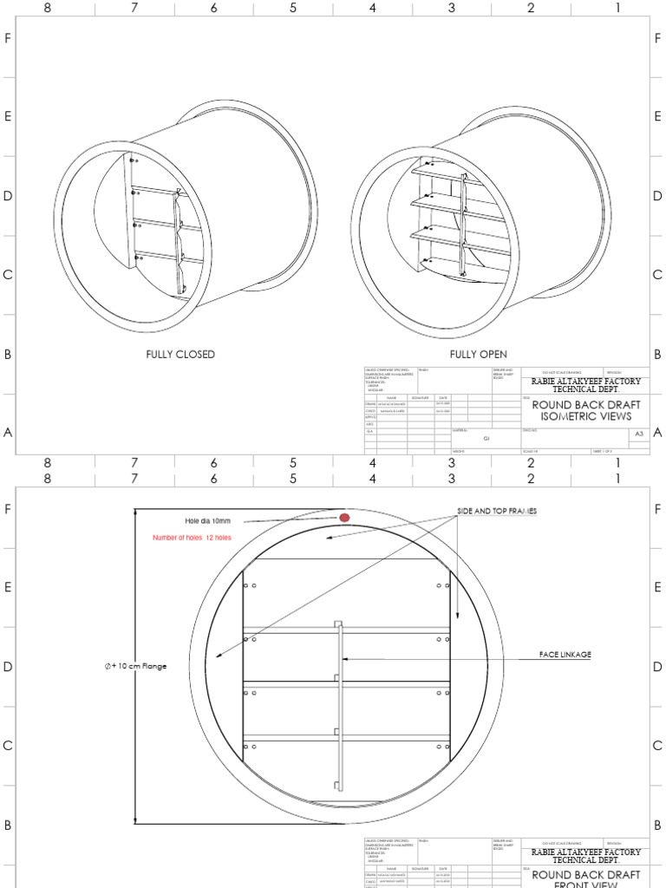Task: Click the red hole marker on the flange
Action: pyautogui.click(x=344, y=518)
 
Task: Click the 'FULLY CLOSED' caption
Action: pyautogui.click(x=180, y=355)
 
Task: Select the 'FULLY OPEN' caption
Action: pyautogui.click(x=479, y=355)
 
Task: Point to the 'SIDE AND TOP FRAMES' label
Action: pyautogui.click(x=497, y=512)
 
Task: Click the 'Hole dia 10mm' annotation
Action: pyautogui.click(x=208, y=520)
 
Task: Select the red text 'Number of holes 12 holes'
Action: pyautogui.click(x=192, y=538)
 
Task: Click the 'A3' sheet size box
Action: pyautogui.click(x=639, y=433)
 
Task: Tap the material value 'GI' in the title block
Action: pyautogui.click(x=486, y=440)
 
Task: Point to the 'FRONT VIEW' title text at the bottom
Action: pyautogui.click(x=585, y=884)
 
